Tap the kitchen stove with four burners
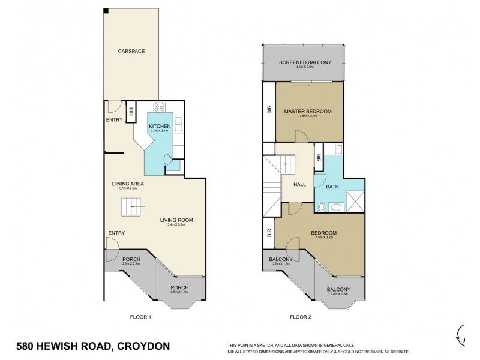(160, 107)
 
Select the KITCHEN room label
(160, 125)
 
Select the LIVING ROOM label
(176, 220)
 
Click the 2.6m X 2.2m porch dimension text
(131, 264)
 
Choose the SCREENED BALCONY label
(302, 62)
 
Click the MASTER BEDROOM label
(308, 111)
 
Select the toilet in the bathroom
(323, 207)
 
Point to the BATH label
(332, 187)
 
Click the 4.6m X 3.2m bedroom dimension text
(323, 238)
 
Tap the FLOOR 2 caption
(302, 316)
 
